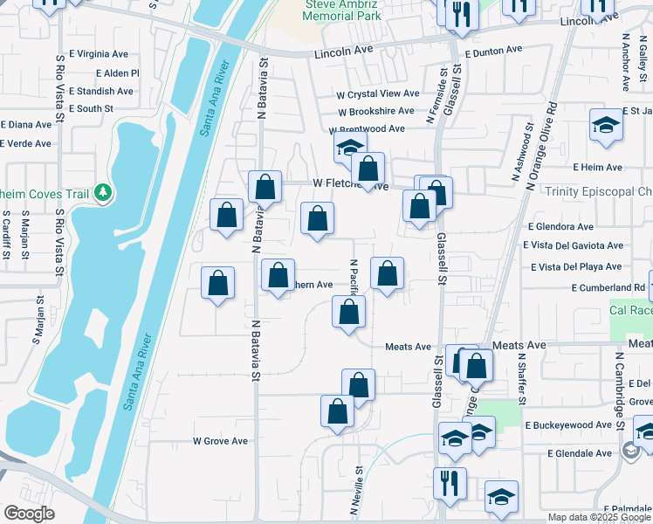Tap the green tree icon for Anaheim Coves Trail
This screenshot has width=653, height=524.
coord(103,191)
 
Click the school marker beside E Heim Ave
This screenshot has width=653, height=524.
coord(606,125)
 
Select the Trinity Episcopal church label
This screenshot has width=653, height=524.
coord(597,191)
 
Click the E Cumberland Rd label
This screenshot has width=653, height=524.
coord(608,287)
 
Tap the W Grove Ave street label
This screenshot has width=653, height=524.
coord(220,441)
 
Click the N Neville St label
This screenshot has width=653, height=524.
coord(359,482)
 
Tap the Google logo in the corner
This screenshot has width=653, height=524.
coord(29,514)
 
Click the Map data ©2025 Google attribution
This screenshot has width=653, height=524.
coord(597,517)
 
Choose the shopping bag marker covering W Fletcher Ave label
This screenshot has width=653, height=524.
coord(368,169)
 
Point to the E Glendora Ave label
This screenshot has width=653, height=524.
coord(565,226)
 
